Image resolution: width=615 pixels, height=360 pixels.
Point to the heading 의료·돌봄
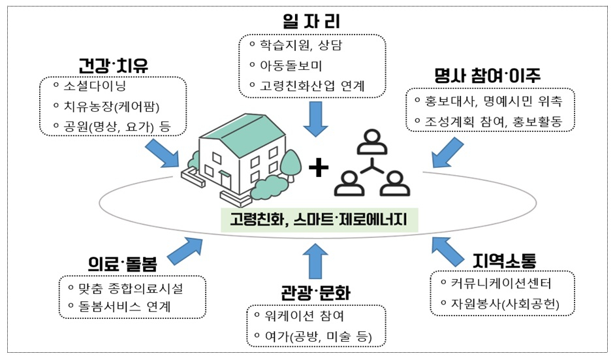coord(122,263)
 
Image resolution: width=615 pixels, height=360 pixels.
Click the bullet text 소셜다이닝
coord(93,86)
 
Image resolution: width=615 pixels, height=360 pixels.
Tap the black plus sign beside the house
coord(318,169)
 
